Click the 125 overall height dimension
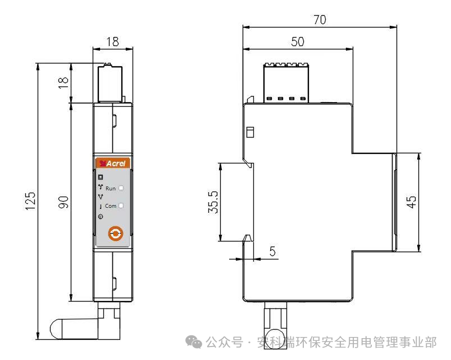[x=30, y=200]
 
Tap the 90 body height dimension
[x=63, y=202]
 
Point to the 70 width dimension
[x=320, y=20]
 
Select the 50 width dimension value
[x=298, y=42]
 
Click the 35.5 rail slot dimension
[x=213, y=202]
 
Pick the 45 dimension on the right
[x=411, y=202]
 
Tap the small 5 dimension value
[x=272, y=251]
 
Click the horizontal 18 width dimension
[x=113, y=42]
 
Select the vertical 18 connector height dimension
[x=63, y=83]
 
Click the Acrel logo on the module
[x=113, y=163]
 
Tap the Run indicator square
[x=121, y=188]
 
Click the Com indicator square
[x=121, y=206]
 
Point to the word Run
[x=111, y=188]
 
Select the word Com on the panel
[x=111, y=206]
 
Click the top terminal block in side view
[x=286, y=83]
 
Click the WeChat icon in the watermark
[x=194, y=341]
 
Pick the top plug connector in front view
[x=110, y=83]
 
